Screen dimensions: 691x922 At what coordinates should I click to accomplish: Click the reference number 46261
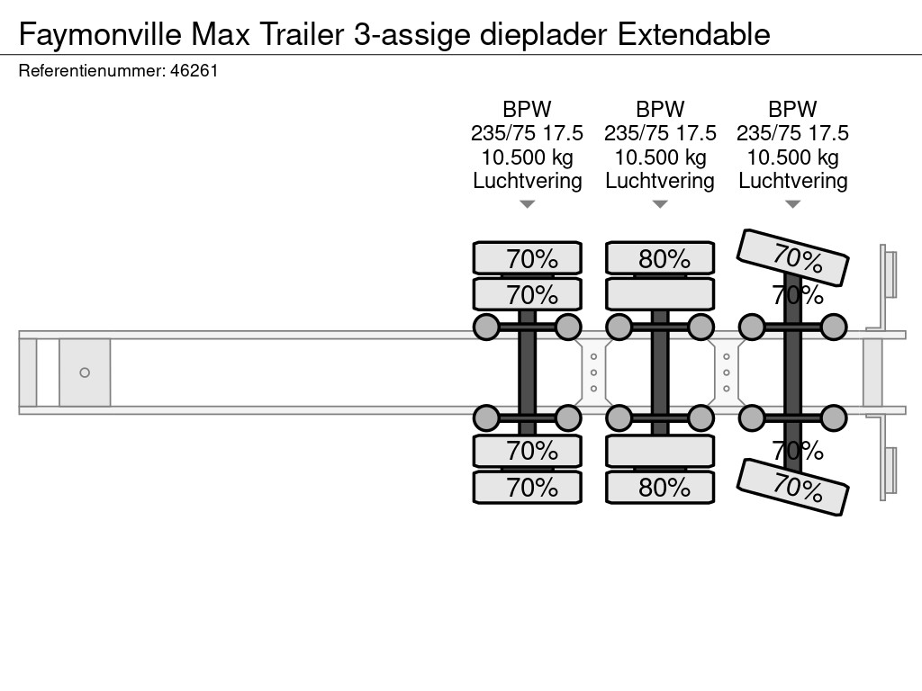(x=194, y=71)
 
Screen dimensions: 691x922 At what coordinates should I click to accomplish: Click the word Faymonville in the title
(x=100, y=34)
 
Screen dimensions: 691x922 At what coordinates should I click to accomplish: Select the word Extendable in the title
(x=694, y=34)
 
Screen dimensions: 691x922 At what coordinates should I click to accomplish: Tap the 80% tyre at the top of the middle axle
(x=660, y=258)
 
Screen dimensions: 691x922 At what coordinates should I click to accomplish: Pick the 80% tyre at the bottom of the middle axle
(x=660, y=488)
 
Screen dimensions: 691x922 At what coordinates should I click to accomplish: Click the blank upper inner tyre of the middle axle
(x=660, y=294)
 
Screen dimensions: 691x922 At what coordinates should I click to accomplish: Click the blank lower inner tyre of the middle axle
(x=660, y=450)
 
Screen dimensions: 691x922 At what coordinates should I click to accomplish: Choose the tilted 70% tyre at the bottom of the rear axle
(x=793, y=487)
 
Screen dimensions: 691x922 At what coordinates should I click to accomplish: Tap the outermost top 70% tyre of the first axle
(x=528, y=258)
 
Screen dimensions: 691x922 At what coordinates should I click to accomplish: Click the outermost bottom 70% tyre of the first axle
(x=528, y=488)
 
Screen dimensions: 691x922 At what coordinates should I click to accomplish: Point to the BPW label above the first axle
(x=528, y=109)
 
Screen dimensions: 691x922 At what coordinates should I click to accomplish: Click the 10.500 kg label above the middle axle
(x=660, y=157)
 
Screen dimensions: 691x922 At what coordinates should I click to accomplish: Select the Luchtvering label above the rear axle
(x=793, y=181)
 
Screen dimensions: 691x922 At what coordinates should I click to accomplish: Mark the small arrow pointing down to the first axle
(x=528, y=205)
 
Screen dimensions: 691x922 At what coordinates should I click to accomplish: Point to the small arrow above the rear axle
(x=793, y=205)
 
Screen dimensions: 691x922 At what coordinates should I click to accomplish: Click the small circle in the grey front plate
(x=85, y=372)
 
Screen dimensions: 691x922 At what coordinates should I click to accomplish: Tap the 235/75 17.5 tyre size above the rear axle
(x=793, y=133)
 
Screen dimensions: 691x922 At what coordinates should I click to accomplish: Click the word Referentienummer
(x=90, y=71)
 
